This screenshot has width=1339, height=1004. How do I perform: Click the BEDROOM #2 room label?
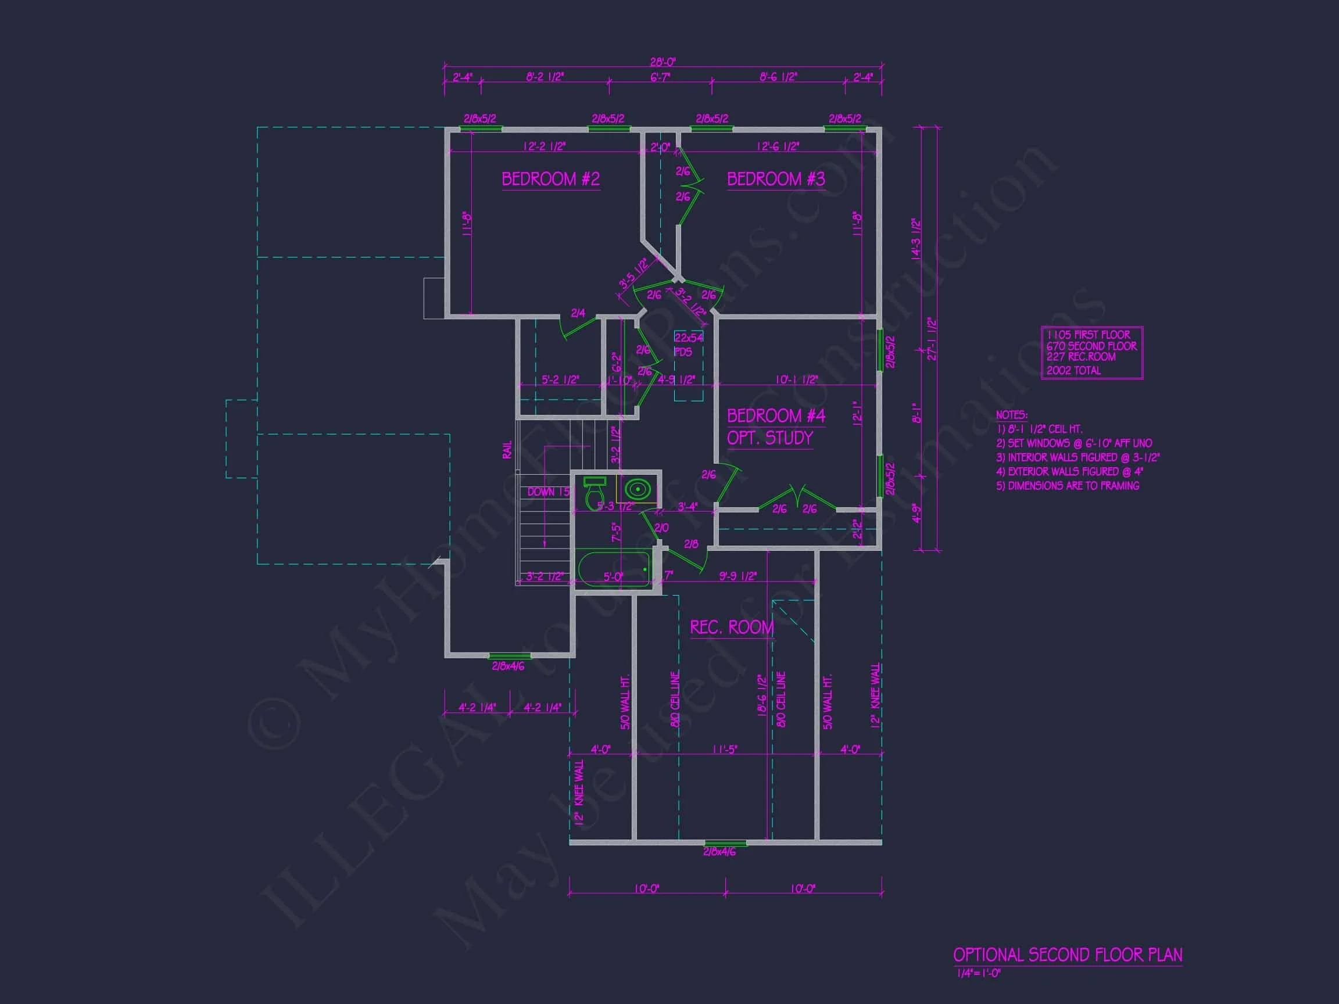[x=550, y=179]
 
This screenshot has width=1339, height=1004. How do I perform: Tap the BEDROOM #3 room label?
[x=775, y=179]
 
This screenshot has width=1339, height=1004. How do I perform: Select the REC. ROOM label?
[x=732, y=627]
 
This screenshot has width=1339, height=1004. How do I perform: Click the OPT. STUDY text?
[x=769, y=438]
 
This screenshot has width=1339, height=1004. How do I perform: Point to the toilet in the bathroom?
[x=595, y=493]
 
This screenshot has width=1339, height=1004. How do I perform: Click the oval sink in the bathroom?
[x=638, y=489]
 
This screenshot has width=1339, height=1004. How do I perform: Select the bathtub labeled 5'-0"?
[x=613, y=569]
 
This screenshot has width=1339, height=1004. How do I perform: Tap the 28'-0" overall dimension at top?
[x=663, y=62]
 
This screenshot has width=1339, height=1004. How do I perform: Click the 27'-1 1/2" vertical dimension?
[x=932, y=339]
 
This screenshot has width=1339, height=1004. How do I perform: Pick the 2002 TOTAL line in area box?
[x=1073, y=370]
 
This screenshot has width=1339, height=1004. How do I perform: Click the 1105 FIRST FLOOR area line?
[x=1088, y=335]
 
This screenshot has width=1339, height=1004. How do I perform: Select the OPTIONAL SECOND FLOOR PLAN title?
[x=1067, y=955]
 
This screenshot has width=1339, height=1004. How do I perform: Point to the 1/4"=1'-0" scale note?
[x=979, y=974]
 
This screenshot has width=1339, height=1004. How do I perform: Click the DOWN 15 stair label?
[x=549, y=492]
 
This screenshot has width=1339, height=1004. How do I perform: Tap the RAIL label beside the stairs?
[x=507, y=449]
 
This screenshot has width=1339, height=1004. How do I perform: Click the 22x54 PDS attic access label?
[x=689, y=345]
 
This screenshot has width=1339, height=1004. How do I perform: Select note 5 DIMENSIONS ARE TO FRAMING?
[x=1067, y=485]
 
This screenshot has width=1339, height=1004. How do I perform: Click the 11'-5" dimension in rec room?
[x=724, y=749]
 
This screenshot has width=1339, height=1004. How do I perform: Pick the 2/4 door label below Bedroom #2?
[x=578, y=313]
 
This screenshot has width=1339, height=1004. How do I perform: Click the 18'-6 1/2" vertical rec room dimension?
[x=762, y=696]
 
